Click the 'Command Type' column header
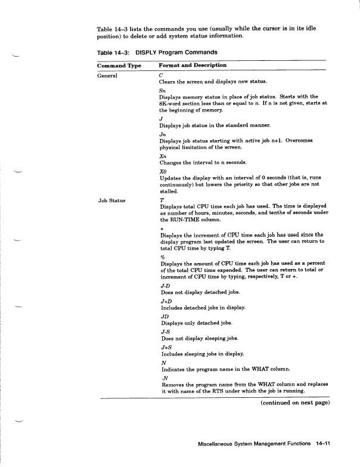point(119,65)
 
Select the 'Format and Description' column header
point(193,65)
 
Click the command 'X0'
point(164,172)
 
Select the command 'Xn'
point(163,156)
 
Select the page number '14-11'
point(322,444)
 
